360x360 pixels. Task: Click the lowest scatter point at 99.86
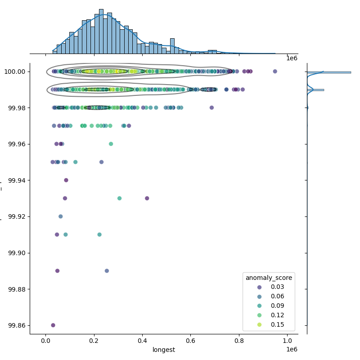pos(53,325)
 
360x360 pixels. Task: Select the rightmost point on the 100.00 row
pos(275,71)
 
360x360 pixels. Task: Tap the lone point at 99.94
pos(66,180)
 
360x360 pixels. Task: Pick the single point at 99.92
pos(61,216)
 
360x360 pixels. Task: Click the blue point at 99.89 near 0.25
pos(107,271)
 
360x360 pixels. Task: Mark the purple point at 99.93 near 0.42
pos(147,198)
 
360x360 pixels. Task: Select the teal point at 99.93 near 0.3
pos(119,198)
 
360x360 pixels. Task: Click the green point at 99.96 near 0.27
pos(111,144)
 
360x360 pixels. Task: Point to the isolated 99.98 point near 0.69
pos(211,108)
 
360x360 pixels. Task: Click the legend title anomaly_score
pos(269,278)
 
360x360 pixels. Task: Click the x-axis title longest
pos(164,350)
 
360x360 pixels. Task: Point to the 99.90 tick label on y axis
pos(16,253)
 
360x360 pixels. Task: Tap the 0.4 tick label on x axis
pos(142,341)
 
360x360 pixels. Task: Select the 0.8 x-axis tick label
pos(239,341)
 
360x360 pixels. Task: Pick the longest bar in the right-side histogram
pos(328,72)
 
